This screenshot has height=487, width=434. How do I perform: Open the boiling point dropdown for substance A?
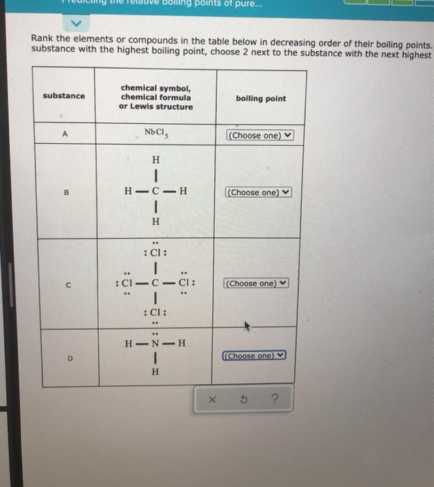(x=260, y=135)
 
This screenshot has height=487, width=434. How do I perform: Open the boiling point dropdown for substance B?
(x=257, y=192)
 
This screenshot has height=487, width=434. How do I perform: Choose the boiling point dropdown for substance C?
(x=256, y=283)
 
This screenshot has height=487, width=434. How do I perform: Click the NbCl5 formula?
(x=154, y=133)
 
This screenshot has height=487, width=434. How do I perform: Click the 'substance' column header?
(x=64, y=96)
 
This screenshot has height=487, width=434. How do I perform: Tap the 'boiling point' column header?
(x=260, y=99)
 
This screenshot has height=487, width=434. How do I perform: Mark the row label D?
(x=68, y=358)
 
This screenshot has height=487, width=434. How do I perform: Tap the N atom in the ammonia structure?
(x=155, y=343)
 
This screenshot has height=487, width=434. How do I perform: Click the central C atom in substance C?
(x=156, y=283)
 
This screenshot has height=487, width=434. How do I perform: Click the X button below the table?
(x=212, y=400)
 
